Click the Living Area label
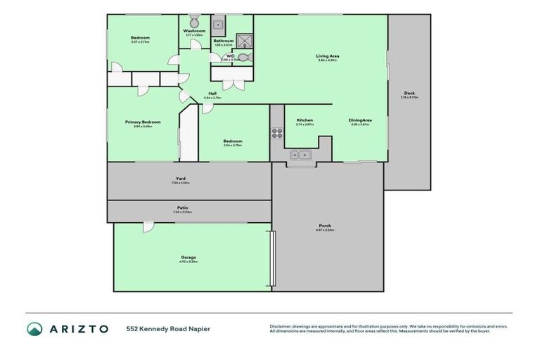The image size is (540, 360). coord(326,56)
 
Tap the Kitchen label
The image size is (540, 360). coord(304,120)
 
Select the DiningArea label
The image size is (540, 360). coord(359,120)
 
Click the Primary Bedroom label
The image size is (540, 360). coord(143,122)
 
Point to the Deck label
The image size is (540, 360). coord(409,94)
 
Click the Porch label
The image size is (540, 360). coord(325,226)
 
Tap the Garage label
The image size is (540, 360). coord(188,257)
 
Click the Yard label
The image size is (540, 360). coord(181,179)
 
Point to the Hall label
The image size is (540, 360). coord(212,93)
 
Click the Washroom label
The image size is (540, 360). coord(194,31)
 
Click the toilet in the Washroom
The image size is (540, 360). coord(194,20)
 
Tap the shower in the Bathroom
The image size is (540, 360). coord(244,40)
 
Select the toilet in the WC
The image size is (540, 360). coord(243,59)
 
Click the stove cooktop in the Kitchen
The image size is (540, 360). coord(277,133)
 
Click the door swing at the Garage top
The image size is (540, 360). coord(148,226)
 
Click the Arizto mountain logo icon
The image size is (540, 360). coord(34,328)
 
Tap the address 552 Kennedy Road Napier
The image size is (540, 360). coord(168,328)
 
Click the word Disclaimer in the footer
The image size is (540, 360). coord(281,326)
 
